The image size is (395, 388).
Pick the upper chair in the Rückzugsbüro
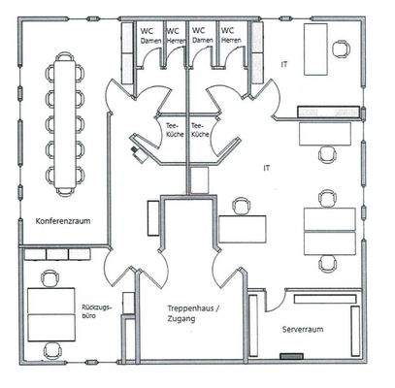(49, 279)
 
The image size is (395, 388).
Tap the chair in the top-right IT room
(342, 48)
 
